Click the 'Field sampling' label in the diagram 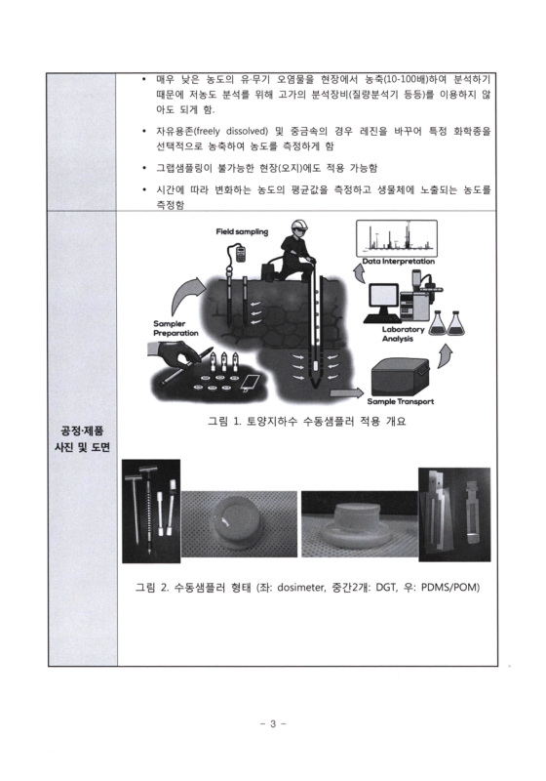click(242, 232)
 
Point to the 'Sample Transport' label click(399, 401)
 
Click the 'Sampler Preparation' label click(175, 328)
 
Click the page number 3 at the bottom click(273, 723)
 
